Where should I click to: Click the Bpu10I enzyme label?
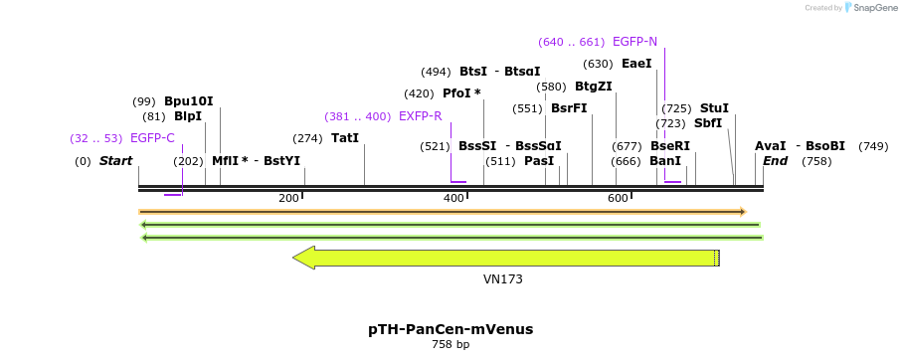[x=188, y=101]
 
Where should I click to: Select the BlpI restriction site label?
[x=187, y=116]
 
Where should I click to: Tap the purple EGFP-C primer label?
[x=152, y=138]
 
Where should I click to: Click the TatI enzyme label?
[x=345, y=138]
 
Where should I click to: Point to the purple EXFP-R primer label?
[x=420, y=116]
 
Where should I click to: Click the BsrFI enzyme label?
[x=569, y=108]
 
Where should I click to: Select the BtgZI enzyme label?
[x=593, y=87]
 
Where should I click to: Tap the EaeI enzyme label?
[x=636, y=64]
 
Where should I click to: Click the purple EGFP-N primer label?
[x=634, y=42]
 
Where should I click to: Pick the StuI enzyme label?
[x=714, y=108]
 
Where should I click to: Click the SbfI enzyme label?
[x=708, y=123]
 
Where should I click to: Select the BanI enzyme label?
[x=665, y=161]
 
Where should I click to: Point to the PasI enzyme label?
[x=539, y=161]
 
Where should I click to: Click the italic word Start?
[x=115, y=161]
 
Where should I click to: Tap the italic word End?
[x=775, y=161]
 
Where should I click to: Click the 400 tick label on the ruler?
[x=454, y=199]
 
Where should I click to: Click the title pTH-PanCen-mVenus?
[x=451, y=329]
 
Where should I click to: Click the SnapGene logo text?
[x=870, y=8]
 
